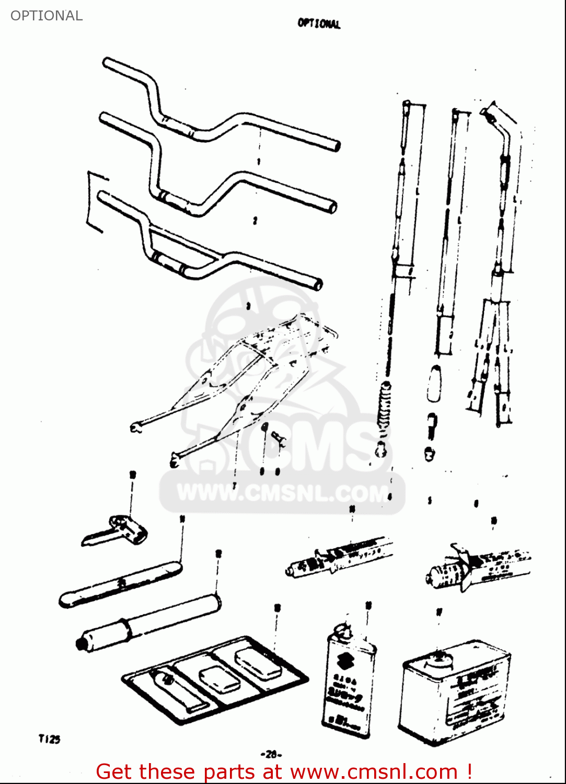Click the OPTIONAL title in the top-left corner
tap(47, 16)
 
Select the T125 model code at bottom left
tap(49, 739)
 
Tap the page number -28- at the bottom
tap(271, 754)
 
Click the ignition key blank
tap(115, 531)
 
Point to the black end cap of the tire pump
tap(82, 643)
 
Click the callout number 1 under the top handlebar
tap(259, 162)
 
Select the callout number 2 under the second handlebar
tap(255, 221)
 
